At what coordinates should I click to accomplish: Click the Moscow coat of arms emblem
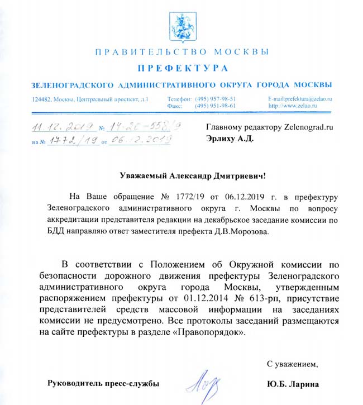(x=181, y=24)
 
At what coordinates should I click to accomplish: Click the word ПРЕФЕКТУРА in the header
(x=181, y=68)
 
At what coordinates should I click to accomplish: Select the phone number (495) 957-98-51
(x=215, y=99)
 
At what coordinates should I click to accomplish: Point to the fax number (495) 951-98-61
(x=215, y=106)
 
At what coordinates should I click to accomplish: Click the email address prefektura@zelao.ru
(x=301, y=99)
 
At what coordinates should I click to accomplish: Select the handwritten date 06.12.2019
(x=136, y=141)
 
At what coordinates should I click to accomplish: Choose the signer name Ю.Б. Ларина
(x=293, y=384)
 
